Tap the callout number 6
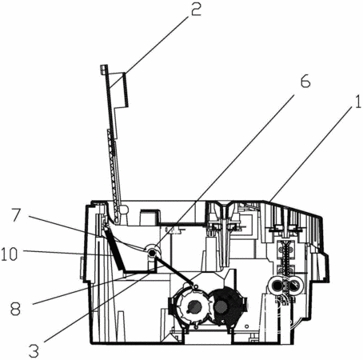(305, 81)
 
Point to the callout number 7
(16, 215)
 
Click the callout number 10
(10, 254)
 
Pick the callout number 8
(15, 309)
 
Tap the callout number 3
(34, 350)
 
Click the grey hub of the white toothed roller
(193, 306)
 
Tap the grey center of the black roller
(221, 307)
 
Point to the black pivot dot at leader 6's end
(153, 252)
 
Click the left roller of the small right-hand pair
(276, 286)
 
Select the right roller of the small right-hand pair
(294, 286)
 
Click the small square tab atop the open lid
(104, 69)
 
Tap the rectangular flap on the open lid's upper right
(119, 90)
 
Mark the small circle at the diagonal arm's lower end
(196, 286)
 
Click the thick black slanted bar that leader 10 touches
(114, 250)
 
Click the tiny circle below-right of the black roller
(247, 326)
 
